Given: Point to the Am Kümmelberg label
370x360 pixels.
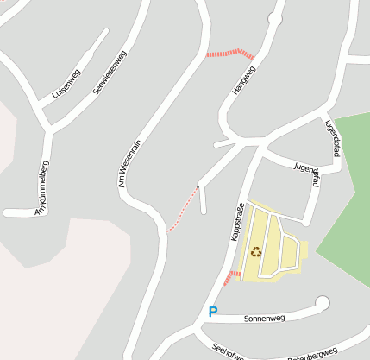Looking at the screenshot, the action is coord(41,187).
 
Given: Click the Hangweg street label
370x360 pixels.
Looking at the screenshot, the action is coord(244,79).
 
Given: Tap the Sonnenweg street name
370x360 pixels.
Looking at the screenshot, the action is coord(265,318).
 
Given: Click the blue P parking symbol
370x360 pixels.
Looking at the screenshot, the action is coord(213,312).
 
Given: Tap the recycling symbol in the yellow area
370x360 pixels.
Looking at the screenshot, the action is coord(256,252).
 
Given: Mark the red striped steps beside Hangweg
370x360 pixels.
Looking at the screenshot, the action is coord(229,53).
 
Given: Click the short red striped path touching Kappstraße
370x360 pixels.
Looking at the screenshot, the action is coord(229,277).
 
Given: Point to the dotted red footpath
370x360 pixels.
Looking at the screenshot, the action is coord(183,209).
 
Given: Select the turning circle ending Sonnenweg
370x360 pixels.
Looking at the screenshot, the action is coord(323,302).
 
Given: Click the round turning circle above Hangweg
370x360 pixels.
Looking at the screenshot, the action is coord(275,17).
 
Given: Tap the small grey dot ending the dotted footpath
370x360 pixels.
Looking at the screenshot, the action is coord(198,186).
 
